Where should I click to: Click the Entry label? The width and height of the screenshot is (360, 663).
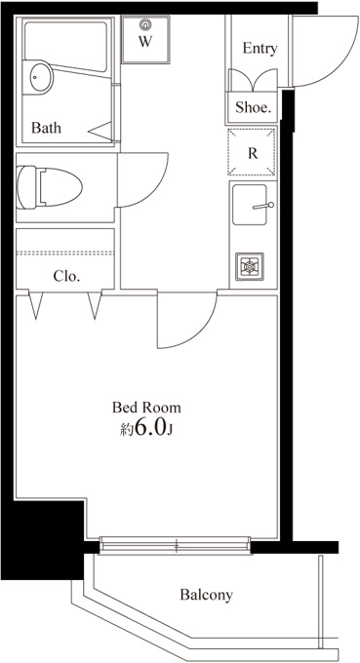pyautogui.click(x=260, y=49)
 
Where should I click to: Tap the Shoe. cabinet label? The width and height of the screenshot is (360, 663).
pyautogui.click(x=253, y=107)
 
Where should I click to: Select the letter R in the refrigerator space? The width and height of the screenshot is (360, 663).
pyautogui.click(x=253, y=153)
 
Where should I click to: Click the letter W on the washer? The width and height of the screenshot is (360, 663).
pyautogui.click(x=144, y=43)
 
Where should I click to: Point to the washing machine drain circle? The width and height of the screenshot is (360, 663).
pyautogui.click(x=144, y=25)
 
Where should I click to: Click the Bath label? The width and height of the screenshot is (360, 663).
pyautogui.click(x=46, y=128)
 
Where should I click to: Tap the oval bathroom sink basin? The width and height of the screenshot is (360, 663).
pyautogui.click(x=41, y=77)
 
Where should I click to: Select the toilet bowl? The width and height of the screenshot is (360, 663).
pyautogui.click(x=50, y=187)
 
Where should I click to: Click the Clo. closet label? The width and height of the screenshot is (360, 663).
pyautogui.click(x=67, y=276)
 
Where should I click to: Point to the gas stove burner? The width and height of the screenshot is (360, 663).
pyautogui.click(x=250, y=266)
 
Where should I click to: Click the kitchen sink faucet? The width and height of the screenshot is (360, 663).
pyautogui.click(x=263, y=206)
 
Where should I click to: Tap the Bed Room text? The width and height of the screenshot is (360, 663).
pyautogui.click(x=146, y=408)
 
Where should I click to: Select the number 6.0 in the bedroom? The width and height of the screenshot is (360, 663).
pyautogui.click(x=150, y=428)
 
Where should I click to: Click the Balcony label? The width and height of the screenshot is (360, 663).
pyautogui.click(x=207, y=595)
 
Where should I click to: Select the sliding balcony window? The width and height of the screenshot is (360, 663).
pyautogui.click(x=176, y=545)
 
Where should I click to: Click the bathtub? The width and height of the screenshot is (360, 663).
pyautogui.click(x=65, y=46)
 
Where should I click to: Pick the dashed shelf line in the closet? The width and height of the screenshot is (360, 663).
pyautogui.click(x=65, y=253)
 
